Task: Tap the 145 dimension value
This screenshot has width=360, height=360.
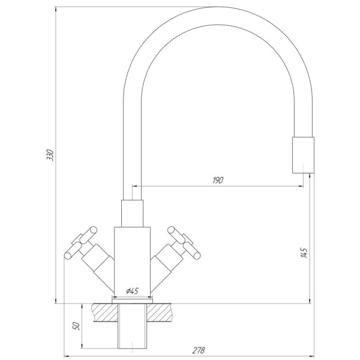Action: [304, 253]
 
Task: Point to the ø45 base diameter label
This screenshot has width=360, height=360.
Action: [133, 291]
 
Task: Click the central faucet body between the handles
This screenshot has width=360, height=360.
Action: [133, 258]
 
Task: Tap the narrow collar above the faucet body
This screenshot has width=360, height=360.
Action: [133, 213]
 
